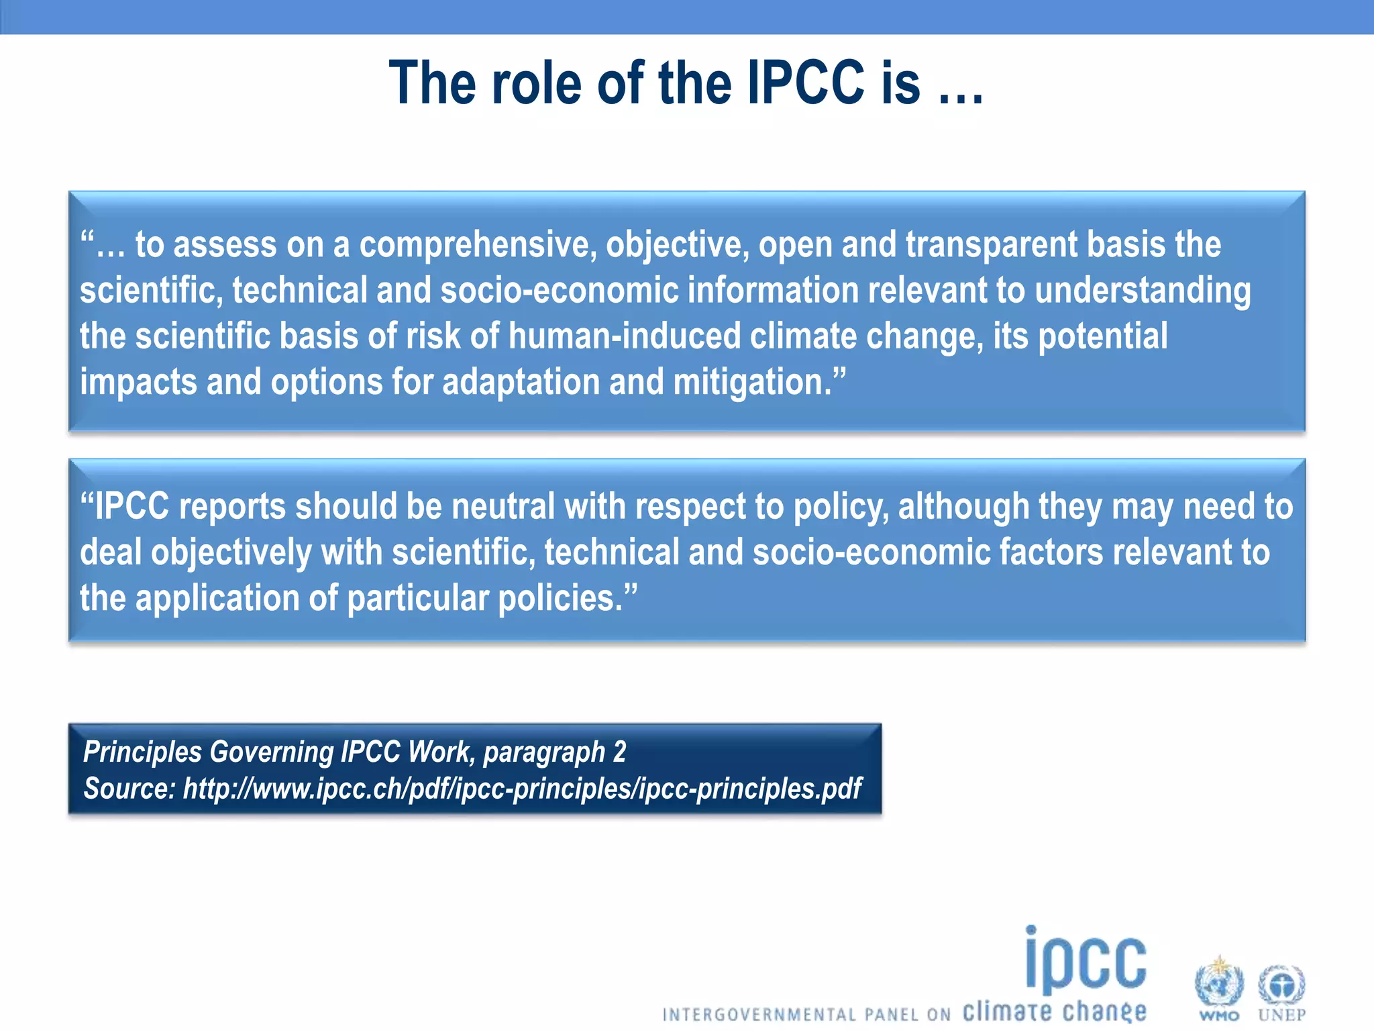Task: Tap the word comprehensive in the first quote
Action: click(x=478, y=245)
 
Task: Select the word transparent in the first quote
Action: click(x=992, y=245)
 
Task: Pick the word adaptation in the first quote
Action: click(x=521, y=383)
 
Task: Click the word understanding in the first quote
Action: click(x=1142, y=291)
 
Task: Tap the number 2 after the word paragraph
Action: click(x=619, y=752)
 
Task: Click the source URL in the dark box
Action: click(x=522, y=789)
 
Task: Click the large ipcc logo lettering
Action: click(x=1086, y=961)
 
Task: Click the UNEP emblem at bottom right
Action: click(x=1281, y=987)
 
